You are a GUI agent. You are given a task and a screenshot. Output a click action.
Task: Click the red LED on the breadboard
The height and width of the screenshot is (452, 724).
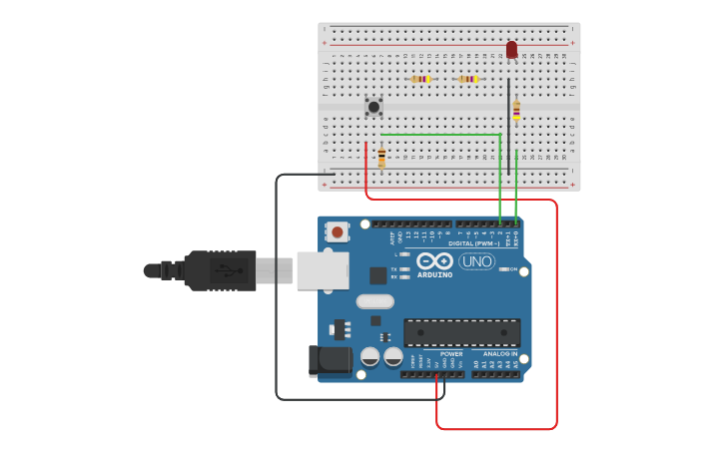(x=511, y=49)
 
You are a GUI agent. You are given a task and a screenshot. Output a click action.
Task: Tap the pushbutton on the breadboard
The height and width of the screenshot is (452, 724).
(x=373, y=106)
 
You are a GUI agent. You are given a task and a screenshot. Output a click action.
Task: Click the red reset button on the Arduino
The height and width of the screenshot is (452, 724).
(x=338, y=232)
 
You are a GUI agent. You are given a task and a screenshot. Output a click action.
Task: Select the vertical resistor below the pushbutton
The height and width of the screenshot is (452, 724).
(x=381, y=157)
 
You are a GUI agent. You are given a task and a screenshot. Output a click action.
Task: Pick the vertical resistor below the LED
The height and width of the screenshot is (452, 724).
(x=516, y=110)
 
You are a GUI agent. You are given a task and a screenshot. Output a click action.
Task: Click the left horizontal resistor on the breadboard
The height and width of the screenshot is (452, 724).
(x=420, y=79)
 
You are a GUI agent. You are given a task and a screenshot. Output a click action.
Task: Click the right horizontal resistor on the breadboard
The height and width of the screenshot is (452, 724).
(x=467, y=79)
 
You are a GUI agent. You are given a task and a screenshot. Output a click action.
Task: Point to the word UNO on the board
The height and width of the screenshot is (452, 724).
(x=477, y=261)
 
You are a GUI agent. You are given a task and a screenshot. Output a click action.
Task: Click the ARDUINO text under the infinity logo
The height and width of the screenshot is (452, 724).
(x=434, y=274)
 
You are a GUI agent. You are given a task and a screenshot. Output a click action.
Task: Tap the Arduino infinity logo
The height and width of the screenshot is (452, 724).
(x=434, y=260)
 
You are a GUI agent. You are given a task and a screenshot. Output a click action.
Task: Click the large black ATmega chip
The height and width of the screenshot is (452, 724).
(x=461, y=332)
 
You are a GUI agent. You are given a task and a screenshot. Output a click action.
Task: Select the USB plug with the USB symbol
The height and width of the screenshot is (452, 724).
(x=225, y=270)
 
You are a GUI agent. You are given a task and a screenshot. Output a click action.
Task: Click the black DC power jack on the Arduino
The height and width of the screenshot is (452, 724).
(x=332, y=360)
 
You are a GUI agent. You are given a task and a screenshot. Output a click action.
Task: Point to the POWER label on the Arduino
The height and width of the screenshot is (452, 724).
(x=451, y=353)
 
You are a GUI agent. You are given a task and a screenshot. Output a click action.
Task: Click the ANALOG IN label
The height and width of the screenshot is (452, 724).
(x=499, y=353)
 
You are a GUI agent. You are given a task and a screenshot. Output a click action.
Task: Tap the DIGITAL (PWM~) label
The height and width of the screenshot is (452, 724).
(x=474, y=243)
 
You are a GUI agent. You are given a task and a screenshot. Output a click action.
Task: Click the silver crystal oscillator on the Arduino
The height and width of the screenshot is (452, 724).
(x=374, y=301)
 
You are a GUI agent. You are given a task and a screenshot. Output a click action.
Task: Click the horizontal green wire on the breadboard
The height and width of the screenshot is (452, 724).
(x=439, y=135)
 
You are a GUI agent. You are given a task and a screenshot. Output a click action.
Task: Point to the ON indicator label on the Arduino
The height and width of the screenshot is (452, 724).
(x=513, y=269)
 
